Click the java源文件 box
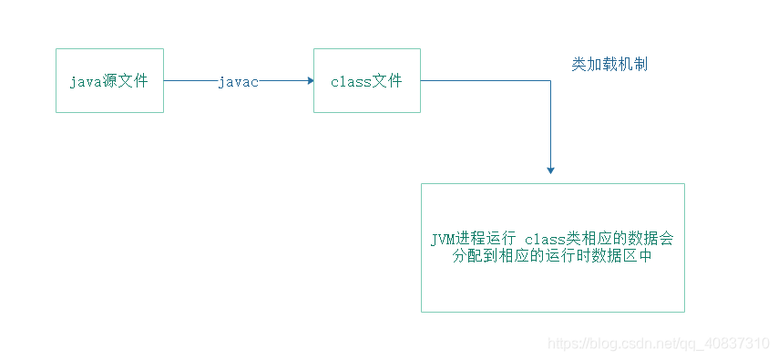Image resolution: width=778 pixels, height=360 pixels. (x=109, y=81)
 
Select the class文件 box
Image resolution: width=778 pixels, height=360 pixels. (x=366, y=81)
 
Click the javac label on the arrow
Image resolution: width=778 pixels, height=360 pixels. (x=238, y=82)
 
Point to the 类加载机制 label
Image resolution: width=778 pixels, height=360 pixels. (x=609, y=65)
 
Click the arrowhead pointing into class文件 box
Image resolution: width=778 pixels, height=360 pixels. (x=309, y=81)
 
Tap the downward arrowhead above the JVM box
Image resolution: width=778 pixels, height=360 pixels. (x=550, y=169)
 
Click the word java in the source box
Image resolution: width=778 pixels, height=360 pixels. (x=85, y=82)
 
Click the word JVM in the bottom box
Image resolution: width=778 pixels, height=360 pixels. (x=444, y=239)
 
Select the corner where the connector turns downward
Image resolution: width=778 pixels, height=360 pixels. (x=550, y=81)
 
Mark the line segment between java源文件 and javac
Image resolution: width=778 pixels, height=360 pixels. (x=189, y=81)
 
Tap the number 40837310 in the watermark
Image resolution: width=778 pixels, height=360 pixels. (x=732, y=344)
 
